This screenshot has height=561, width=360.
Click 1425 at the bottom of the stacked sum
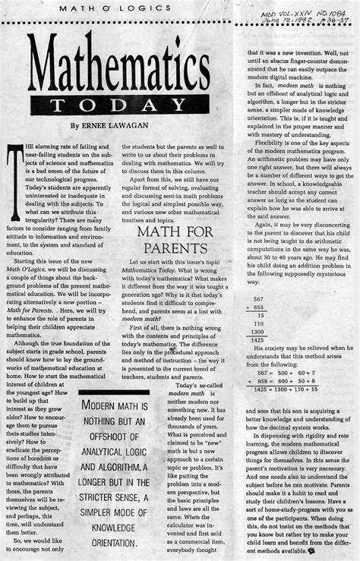(259, 342)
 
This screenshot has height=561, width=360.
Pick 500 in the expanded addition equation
(292, 373)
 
